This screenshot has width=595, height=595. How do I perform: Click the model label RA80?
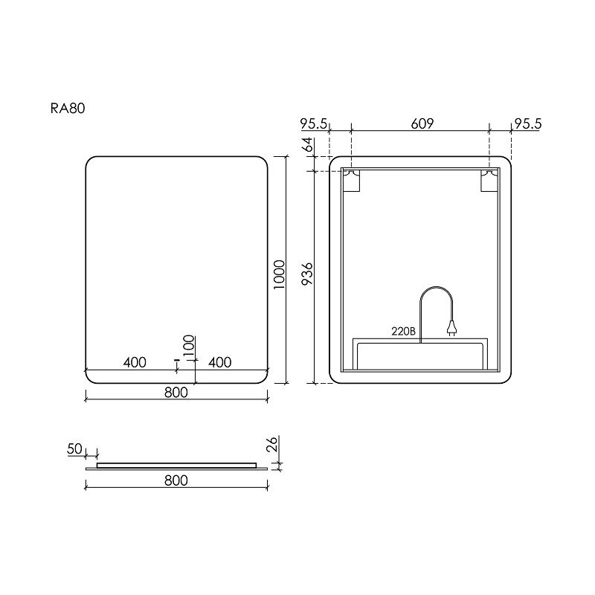pos(68,109)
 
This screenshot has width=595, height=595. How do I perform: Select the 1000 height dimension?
pos(280,274)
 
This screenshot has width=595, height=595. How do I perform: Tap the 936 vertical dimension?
pos(307,274)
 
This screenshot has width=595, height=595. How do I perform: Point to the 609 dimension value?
pos(422,123)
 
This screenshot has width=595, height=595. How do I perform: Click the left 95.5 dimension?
pos(313,123)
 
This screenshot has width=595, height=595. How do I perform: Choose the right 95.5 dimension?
pos(527,123)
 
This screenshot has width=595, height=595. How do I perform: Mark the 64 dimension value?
pos(307,144)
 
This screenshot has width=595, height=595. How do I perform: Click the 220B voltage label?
pos(403,331)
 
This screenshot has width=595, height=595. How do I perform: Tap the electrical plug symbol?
pos(451,328)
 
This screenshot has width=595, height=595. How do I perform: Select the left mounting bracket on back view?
pos(350,181)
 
